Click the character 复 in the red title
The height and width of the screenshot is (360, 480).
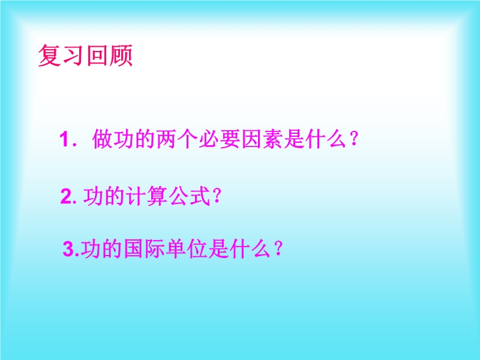50,55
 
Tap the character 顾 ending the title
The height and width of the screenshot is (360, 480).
121,55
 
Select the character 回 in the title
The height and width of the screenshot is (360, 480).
98,55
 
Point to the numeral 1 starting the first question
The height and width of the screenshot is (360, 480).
64,139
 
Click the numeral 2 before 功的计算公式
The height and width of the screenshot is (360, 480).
67,196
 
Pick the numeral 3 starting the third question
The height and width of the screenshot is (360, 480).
68,249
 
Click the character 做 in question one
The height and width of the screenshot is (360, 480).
102,139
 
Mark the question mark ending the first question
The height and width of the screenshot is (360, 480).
354,139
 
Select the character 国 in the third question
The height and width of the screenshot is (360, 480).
134,248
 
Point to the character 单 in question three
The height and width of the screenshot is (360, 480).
176,248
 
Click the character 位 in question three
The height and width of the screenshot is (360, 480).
198,248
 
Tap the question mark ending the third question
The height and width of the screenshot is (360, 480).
278,248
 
